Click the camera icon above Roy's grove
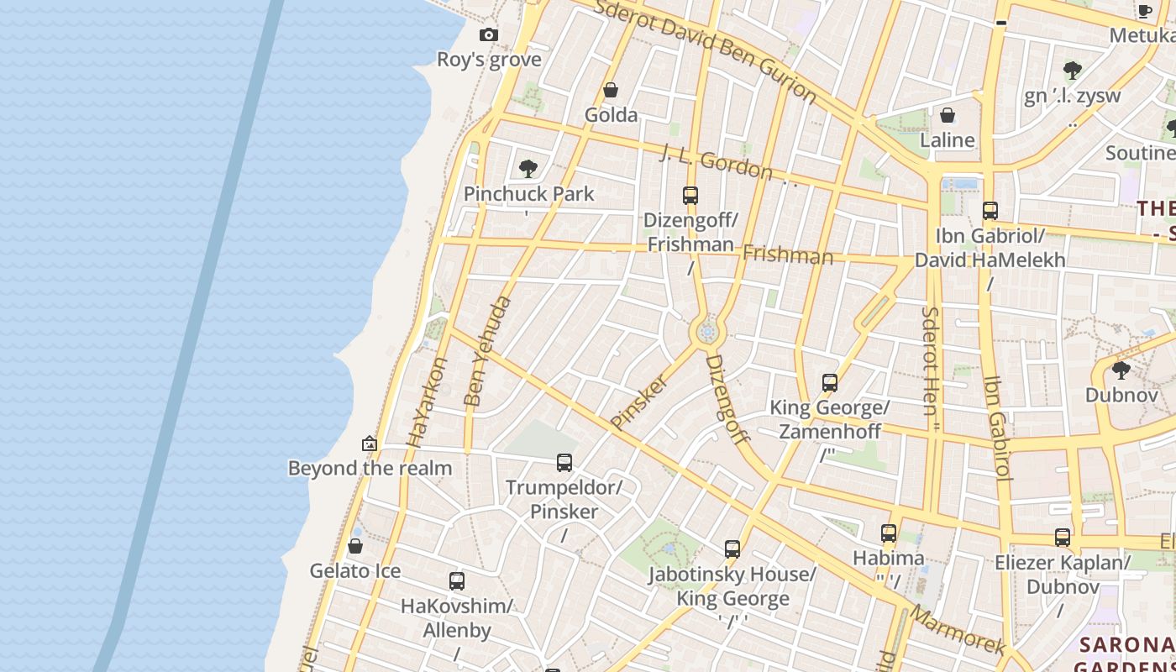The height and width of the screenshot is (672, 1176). [489, 35]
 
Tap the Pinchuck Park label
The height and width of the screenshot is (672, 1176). [528, 194]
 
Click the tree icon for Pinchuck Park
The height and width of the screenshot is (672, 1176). [528, 169]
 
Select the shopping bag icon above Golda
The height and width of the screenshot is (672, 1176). [611, 90]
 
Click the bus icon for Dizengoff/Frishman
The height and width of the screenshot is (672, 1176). [690, 196]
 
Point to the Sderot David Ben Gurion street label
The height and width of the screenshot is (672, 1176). [705, 50]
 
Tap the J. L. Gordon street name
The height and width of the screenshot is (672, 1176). [717, 162]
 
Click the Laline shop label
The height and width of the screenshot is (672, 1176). [948, 140]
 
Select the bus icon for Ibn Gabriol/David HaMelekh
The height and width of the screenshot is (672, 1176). [990, 211]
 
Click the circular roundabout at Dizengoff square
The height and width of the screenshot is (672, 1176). [707, 333]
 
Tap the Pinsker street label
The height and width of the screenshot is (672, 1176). [640, 402]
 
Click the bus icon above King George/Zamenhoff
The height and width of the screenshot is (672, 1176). [830, 383]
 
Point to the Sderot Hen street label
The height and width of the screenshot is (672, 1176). [930, 361]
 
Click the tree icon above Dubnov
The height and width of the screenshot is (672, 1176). [1121, 370]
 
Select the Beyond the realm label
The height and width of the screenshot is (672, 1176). [370, 468]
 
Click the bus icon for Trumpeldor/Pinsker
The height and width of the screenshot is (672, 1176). [564, 463]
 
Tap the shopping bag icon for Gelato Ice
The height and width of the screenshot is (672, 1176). [355, 546]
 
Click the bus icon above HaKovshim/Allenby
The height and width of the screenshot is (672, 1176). [457, 581]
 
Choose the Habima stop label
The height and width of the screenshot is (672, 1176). [888, 558]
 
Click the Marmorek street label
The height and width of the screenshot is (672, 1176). [958, 630]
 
